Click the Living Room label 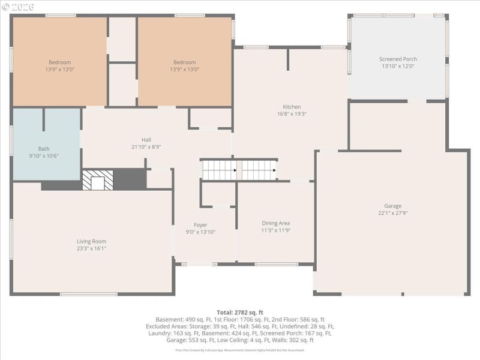[x=91, y=241]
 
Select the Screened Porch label [x=398, y=59]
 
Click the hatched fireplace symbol [x=98, y=180]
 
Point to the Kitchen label [x=292, y=107]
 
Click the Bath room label [x=44, y=149]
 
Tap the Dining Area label [x=275, y=223]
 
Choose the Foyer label [x=200, y=225]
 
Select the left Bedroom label [x=59, y=62]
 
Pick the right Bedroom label [x=184, y=62]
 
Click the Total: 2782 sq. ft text [x=240, y=313]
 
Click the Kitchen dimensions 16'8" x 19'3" [x=292, y=114]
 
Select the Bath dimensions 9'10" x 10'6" [x=44, y=156]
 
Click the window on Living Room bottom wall [x=88, y=294]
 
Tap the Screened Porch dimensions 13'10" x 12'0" [x=398, y=66]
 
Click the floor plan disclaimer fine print [x=240, y=350]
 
